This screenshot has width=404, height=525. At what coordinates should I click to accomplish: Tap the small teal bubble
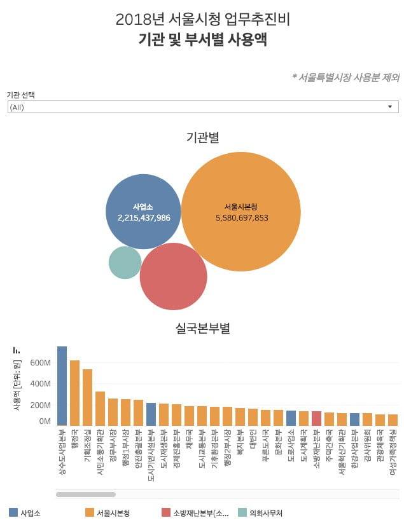click(x=125, y=262)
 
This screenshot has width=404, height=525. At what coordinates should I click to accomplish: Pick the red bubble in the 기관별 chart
click(x=173, y=277)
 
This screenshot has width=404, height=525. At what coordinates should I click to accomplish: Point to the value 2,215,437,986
click(x=144, y=217)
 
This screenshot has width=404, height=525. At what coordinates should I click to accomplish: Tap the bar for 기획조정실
click(x=87, y=397)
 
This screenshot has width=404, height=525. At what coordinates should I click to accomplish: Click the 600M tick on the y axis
click(x=39, y=363)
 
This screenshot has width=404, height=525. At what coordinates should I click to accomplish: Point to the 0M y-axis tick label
click(x=45, y=421)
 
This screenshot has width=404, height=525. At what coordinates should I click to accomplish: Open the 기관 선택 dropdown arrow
click(x=389, y=107)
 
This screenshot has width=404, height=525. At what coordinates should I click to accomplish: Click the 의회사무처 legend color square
click(x=242, y=512)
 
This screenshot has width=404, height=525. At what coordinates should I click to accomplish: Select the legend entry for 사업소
click(x=25, y=512)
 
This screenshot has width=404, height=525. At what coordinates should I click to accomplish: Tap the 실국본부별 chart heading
click(x=202, y=329)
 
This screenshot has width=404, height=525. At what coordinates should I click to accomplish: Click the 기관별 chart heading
click(x=202, y=137)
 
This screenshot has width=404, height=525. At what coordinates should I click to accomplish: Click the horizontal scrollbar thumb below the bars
click(x=86, y=494)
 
